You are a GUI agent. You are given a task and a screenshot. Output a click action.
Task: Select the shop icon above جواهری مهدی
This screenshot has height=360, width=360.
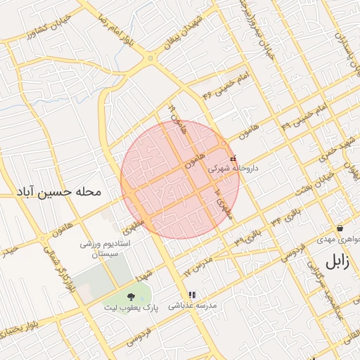click(340, 228)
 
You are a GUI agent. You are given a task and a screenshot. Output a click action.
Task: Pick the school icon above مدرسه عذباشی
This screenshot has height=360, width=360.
click(192, 295)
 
